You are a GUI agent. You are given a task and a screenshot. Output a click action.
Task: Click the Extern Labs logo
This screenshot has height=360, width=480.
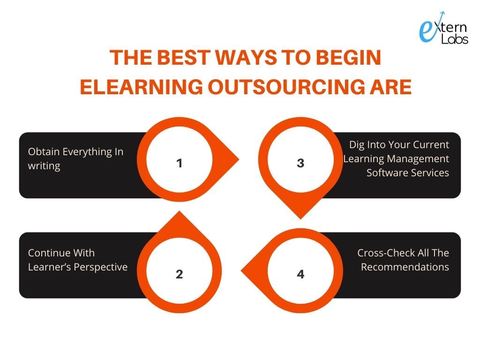(443, 28)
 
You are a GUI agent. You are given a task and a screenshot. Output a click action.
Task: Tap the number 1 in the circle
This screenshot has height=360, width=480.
(180, 163)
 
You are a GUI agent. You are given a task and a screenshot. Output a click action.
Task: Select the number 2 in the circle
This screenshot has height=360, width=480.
(180, 274)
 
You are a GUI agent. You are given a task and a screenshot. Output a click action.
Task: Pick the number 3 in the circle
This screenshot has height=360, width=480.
(300, 163)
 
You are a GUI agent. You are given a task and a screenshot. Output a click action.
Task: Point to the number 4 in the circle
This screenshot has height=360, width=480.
(300, 274)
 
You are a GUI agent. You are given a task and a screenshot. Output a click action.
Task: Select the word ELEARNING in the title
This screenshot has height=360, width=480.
(141, 87)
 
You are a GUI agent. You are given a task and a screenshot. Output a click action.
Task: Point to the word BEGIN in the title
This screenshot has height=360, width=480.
(348, 58)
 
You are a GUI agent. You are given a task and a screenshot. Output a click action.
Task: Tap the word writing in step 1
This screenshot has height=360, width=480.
(44, 166)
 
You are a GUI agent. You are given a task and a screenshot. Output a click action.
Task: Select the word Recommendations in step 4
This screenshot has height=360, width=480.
(405, 267)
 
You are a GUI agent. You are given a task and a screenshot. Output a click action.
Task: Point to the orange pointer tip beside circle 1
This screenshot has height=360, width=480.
(239, 159)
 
